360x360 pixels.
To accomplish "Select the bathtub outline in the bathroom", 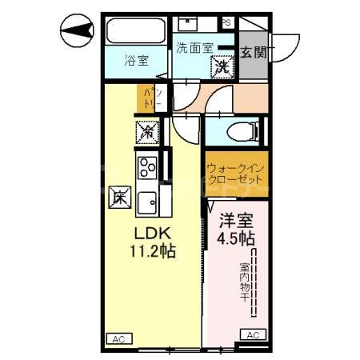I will [x=134, y=33].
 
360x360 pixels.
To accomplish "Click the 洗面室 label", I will [x=194, y=47].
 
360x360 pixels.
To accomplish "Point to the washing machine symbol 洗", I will [x=224, y=66].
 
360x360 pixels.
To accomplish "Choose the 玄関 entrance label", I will [x=257, y=53].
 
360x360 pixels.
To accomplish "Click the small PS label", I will [x=226, y=22].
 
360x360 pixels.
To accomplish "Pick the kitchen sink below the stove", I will [x=147, y=202].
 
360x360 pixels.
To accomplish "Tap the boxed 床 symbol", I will [x=118, y=195].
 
